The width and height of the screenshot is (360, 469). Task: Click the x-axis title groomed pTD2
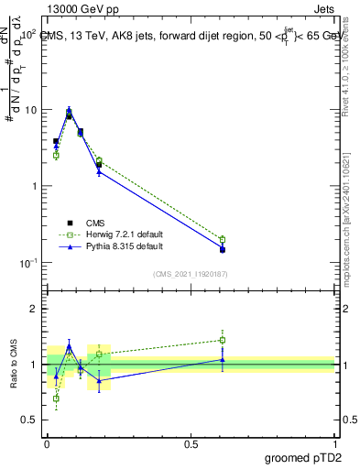tap(301, 457)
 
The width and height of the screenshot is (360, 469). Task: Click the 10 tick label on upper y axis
tap(30, 110)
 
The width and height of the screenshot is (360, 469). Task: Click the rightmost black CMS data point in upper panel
tap(223, 249)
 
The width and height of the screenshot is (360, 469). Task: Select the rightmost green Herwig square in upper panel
tap(223, 240)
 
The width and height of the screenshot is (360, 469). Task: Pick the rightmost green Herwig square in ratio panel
tap(223, 340)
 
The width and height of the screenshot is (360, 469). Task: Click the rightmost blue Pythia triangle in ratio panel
tap(223, 360)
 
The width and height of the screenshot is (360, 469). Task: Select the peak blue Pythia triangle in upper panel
tap(70, 110)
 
